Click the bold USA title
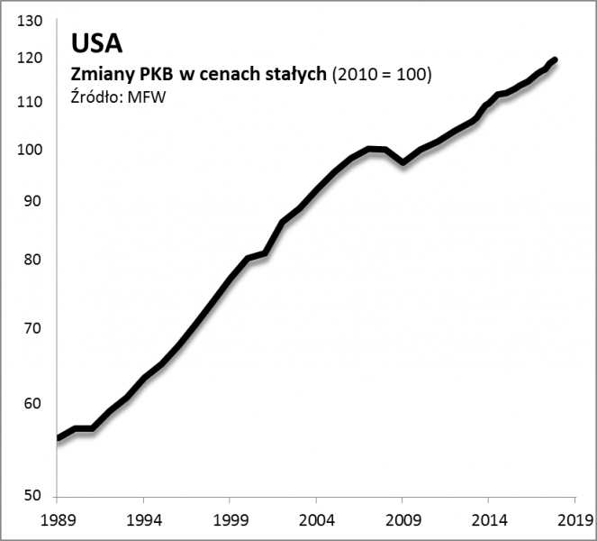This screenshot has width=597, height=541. tap(96, 43)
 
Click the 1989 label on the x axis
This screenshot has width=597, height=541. tap(56, 520)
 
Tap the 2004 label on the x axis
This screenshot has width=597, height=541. tap(315, 520)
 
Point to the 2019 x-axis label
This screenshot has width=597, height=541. tap(574, 520)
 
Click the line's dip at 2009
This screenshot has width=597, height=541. tap(403, 162)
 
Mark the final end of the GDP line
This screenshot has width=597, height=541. tap(556, 60)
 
